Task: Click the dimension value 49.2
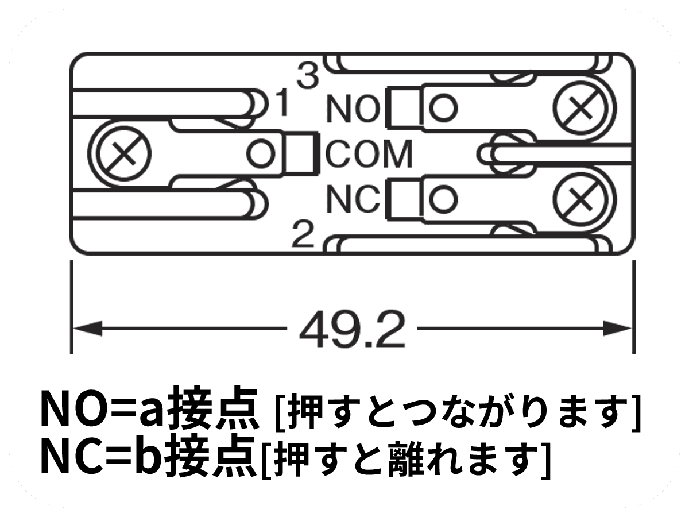coord(352,329)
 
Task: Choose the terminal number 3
coord(307,76)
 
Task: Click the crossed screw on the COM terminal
coord(123,153)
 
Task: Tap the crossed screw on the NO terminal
coord(580,107)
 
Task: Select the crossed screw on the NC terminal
coord(580,199)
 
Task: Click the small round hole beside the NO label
coord(443,107)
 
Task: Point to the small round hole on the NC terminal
coord(443,199)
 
